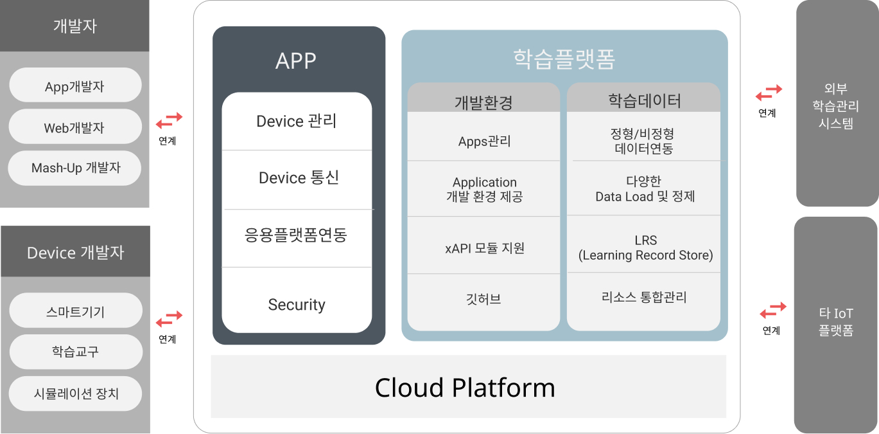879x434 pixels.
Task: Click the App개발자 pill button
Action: point(74,86)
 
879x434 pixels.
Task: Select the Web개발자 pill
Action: point(74,127)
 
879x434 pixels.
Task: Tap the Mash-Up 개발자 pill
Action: point(74,168)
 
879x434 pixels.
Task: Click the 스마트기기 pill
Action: point(75,312)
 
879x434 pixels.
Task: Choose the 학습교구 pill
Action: point(75,352)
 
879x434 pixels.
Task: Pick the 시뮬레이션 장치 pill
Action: point(75,393)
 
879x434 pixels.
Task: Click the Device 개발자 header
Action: point(75,252)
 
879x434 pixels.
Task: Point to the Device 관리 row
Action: point(296,121)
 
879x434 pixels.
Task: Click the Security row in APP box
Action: point(296,304)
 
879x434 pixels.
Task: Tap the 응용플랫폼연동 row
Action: point(296,235)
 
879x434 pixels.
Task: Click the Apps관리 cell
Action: point(484,141)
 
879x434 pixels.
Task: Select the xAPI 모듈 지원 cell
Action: point(484,248)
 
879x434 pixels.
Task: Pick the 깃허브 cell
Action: point(484,298)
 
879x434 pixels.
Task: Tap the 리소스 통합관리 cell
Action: point(644,297)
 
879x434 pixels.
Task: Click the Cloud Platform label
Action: point(465,388)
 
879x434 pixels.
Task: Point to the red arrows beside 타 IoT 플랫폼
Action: point(773,311)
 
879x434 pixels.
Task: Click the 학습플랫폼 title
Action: point(564,59)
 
